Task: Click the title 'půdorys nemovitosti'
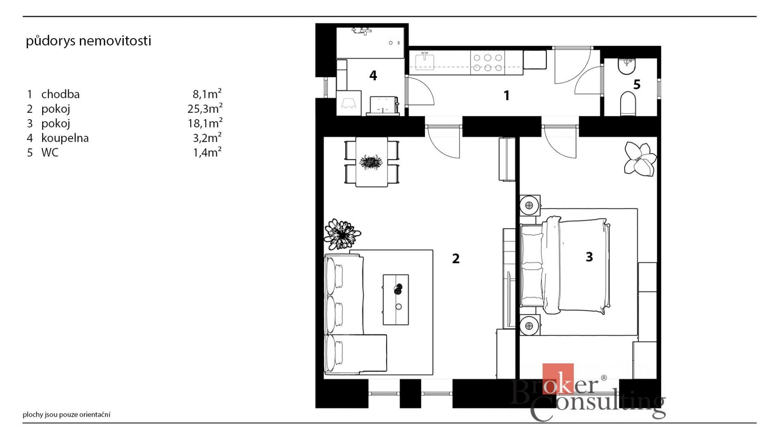[x=89, y=41]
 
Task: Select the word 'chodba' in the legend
[x=60, y=94]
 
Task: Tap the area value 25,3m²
[x=205, y=108]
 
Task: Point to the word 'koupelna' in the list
[x=65, y=138]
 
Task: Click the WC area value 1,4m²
[x=207, y=152]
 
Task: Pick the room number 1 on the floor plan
[x=507, y=95]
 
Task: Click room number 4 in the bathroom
[x=373, y=75]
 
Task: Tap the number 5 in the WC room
[x=637, y=84]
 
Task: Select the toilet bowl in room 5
[x=628, y=103]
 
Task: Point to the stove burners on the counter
[x=487, y=63]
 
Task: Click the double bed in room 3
[x=565, y=266]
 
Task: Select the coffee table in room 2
[x=396, y=300]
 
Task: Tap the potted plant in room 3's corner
[x=640, y=159]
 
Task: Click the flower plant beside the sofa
[x=342, y=234]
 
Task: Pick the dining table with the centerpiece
[x=371, y=162]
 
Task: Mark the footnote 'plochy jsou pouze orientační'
[x=66, y=415]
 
